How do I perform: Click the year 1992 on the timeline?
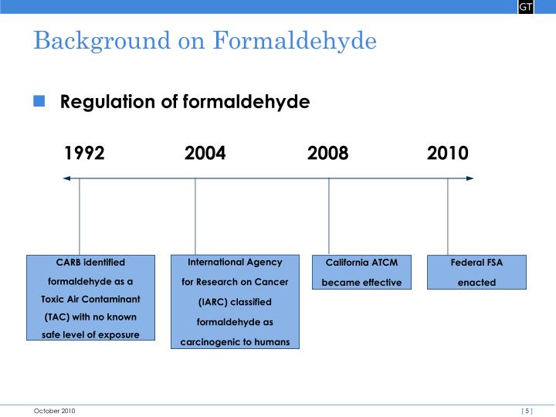tap(84, 153)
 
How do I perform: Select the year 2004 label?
tap(205, 153)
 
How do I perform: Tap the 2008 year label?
tap(327, 153)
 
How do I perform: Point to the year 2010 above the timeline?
tap(447, 153)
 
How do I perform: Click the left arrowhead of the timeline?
tap(67, 178)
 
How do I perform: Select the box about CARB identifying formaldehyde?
tap(90, 298)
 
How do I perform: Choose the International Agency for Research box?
tap(235, 302)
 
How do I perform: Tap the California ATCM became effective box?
tap(361, 273)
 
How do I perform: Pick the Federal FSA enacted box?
tap(476, 273)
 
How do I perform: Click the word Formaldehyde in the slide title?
tap(295, 40)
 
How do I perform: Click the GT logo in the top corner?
tap(525, 7)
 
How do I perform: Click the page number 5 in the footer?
tap(527, 411)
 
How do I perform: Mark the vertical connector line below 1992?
tap(80, 216)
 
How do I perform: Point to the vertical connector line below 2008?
tap(329, 216)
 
